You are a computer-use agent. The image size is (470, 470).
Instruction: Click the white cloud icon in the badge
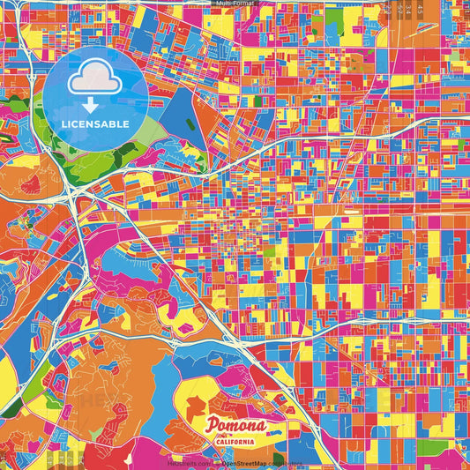(94, 80)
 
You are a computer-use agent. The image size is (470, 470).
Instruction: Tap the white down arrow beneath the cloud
(94, 105)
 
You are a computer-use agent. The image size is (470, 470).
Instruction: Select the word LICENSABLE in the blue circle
(94, 124)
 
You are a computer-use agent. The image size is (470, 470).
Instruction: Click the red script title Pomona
(235, 426)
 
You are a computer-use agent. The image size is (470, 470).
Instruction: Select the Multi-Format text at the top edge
(235, 4)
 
